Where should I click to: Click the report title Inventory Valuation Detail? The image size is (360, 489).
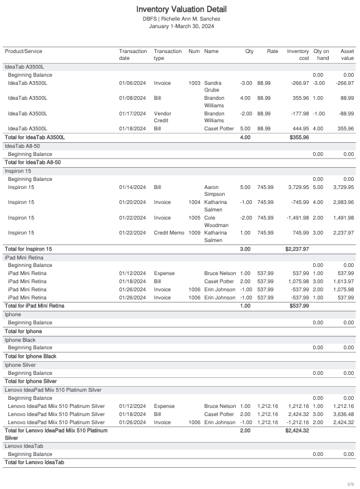(181, 9)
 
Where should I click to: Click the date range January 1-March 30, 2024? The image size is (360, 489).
(181, 26)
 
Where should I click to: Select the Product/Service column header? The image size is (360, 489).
(24, 51)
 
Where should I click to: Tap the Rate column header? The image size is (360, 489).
(272, 51)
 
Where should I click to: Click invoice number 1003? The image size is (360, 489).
(195, 83)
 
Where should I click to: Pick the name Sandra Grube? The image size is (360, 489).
(213, 86)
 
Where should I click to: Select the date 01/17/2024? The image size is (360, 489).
(132, 114)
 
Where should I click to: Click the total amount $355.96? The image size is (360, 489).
(299, 137)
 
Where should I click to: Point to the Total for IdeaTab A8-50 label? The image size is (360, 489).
(32, 162)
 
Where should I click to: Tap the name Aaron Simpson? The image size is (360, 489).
(215, 191)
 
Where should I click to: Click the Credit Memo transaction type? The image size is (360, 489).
(168, 233)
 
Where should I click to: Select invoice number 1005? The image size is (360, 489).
(195, 218)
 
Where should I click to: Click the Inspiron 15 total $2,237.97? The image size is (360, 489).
(297, 249)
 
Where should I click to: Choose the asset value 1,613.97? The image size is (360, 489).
(343, 281)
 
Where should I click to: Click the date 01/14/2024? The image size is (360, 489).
(132, 187)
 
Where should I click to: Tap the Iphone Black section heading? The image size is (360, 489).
(20, 340)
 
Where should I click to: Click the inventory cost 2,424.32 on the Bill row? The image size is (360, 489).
(298, 414)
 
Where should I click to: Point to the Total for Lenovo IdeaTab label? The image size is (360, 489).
(34, 462)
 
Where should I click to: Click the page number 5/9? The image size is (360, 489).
(351, 484)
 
